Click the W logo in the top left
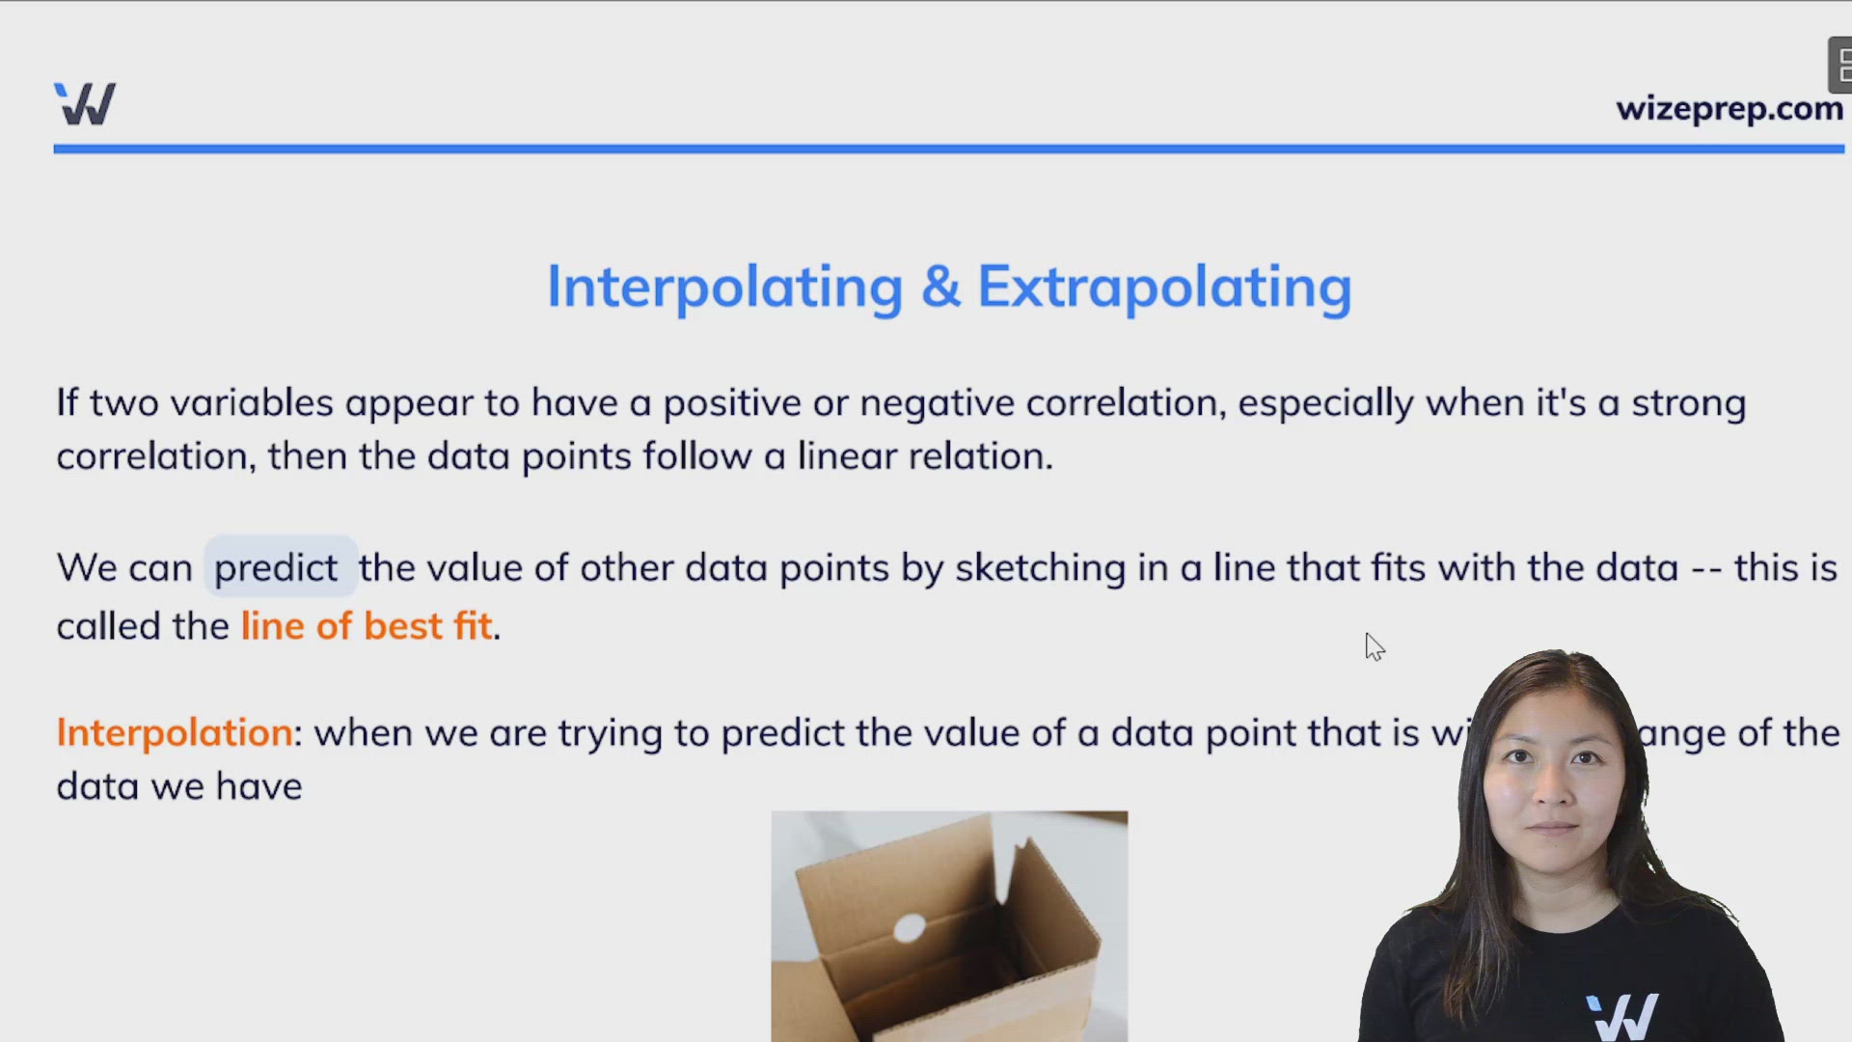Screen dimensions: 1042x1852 tap(85, 103)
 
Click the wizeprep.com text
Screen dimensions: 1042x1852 tap(1729, 109)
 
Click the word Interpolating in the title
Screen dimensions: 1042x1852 tap(724, 287)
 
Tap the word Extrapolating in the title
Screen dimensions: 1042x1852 tap(1164, 287)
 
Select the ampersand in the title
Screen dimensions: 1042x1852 tap(940, 287)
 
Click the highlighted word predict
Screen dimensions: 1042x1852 tap(276, 568)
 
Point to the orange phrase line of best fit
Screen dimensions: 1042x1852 tap(367, 626)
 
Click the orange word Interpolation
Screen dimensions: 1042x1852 tap(175, 733)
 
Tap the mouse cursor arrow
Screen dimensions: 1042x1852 tap(1374, 646)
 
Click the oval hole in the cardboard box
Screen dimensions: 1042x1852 tap(910, 929)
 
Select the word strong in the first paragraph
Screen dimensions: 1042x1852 tap(1688, 403)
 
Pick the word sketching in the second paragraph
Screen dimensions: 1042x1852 tap(1040, 568)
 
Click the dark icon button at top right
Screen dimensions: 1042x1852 tap(1840, 66)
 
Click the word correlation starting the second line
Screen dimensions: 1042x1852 tap(155, 456)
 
